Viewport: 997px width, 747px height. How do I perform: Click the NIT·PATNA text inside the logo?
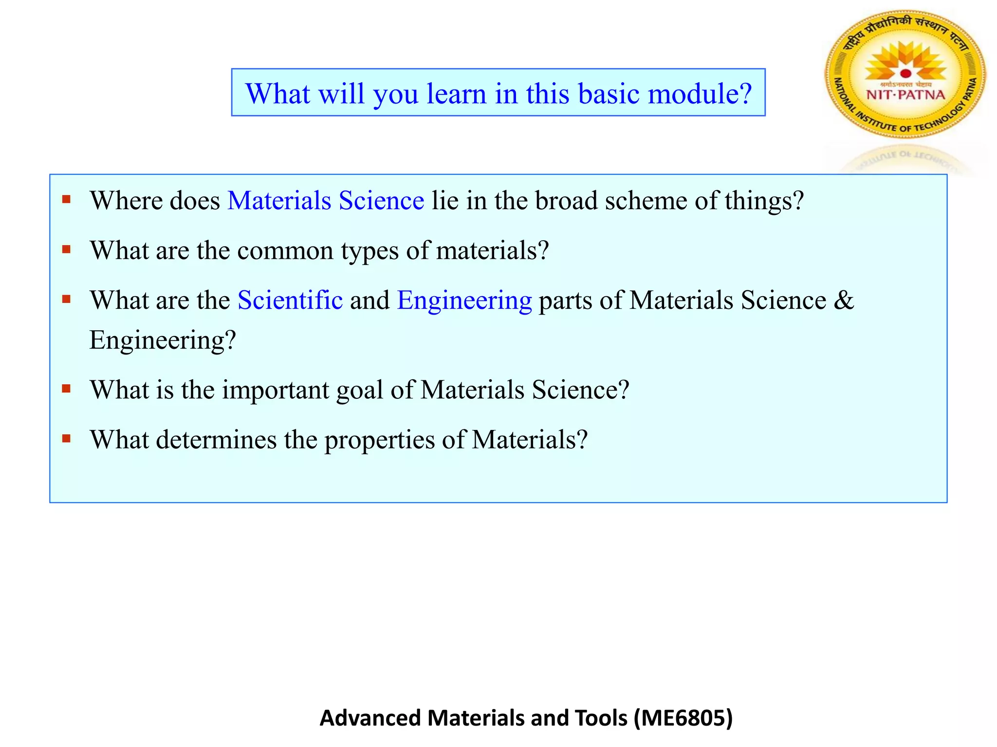[x=905, y=94]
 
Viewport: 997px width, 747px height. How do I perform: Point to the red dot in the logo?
[x=905, y=73]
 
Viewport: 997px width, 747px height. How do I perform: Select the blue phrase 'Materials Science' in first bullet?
[x=326, y=200]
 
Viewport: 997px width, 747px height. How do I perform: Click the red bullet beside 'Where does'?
[x=67, y=199]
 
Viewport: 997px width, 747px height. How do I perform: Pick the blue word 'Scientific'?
[x=290, y=300]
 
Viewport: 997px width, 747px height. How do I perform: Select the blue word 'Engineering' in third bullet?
[x=464, y=300]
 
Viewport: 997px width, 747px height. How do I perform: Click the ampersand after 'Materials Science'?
[x=844, y=300]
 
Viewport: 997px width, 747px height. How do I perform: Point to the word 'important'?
[x=276, y=390]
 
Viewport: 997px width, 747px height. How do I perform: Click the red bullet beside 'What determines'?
[x=67, y=439]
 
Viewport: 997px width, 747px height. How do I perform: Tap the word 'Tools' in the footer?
[x=601, y=718]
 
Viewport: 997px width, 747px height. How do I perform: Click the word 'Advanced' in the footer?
[x=370, y=718]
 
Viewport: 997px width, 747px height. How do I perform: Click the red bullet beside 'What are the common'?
[x=67, y=249]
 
